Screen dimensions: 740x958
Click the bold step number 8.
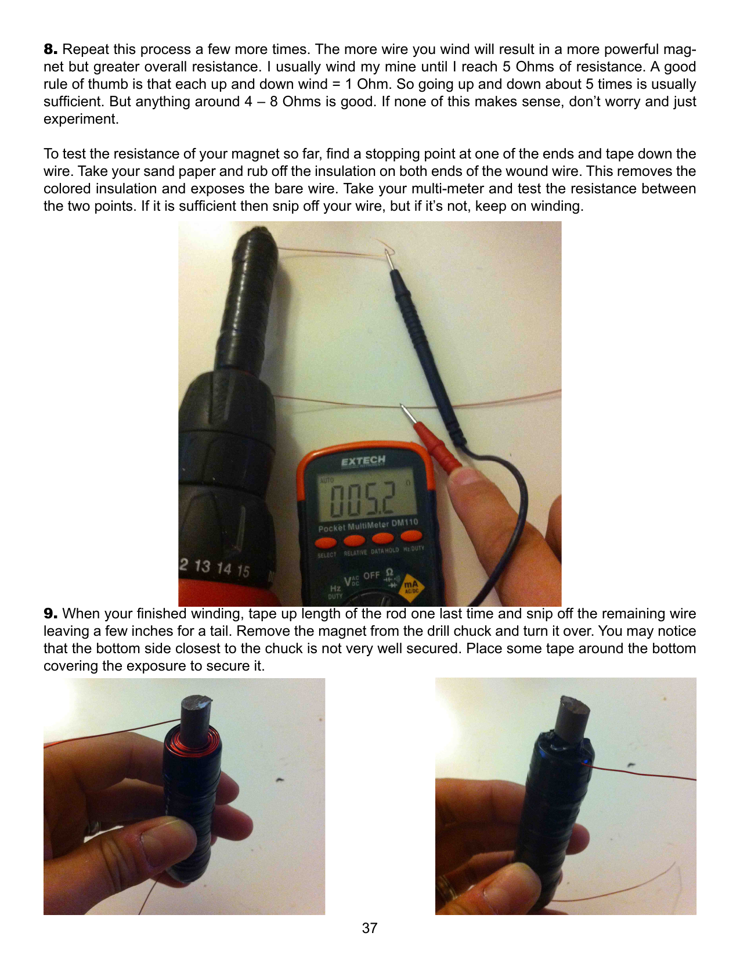click(x=50, y=49)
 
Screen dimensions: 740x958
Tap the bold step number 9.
click(x=50, y=613)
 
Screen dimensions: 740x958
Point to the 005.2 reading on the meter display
click(x=363, y=499)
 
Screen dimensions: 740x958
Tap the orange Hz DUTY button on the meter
click(x=411, y=536)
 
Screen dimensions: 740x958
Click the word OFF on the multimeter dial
click(x=371, y=575)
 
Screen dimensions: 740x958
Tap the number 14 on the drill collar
click(x=224, y=567)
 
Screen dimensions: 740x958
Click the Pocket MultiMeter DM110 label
click(x=368, y=525)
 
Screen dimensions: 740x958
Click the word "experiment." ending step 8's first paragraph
click(x=81, y=119)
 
